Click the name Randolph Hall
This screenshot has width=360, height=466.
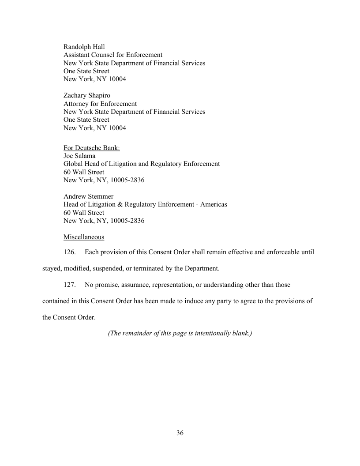84,47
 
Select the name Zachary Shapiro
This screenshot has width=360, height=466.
86,95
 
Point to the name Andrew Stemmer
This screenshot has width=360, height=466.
89,196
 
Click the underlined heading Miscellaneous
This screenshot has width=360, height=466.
84,237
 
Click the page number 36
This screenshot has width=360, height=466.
180,433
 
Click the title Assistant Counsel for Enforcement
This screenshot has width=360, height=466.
113,55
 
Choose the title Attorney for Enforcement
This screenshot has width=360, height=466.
100,104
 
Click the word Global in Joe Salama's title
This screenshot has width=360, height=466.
74,164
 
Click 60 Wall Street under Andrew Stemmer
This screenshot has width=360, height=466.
84,213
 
